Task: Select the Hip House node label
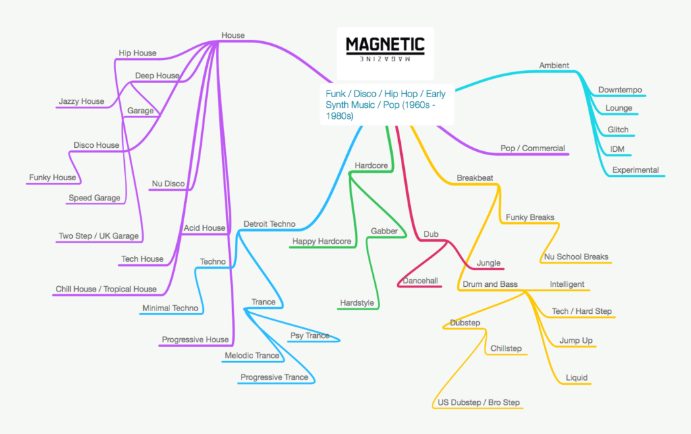137,53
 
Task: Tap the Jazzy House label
82,102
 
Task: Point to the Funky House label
53,178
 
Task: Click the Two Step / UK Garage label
99,236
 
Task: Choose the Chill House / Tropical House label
106,289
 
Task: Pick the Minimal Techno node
170,308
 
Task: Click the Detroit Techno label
269,223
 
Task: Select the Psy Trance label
310,335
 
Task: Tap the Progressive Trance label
274,377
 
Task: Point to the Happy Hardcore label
321,242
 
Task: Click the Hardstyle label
356,303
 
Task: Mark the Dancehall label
420,280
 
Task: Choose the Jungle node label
489,263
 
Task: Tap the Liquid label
576,378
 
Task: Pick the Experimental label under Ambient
635,170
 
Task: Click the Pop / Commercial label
532,148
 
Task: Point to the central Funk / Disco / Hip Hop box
385,105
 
